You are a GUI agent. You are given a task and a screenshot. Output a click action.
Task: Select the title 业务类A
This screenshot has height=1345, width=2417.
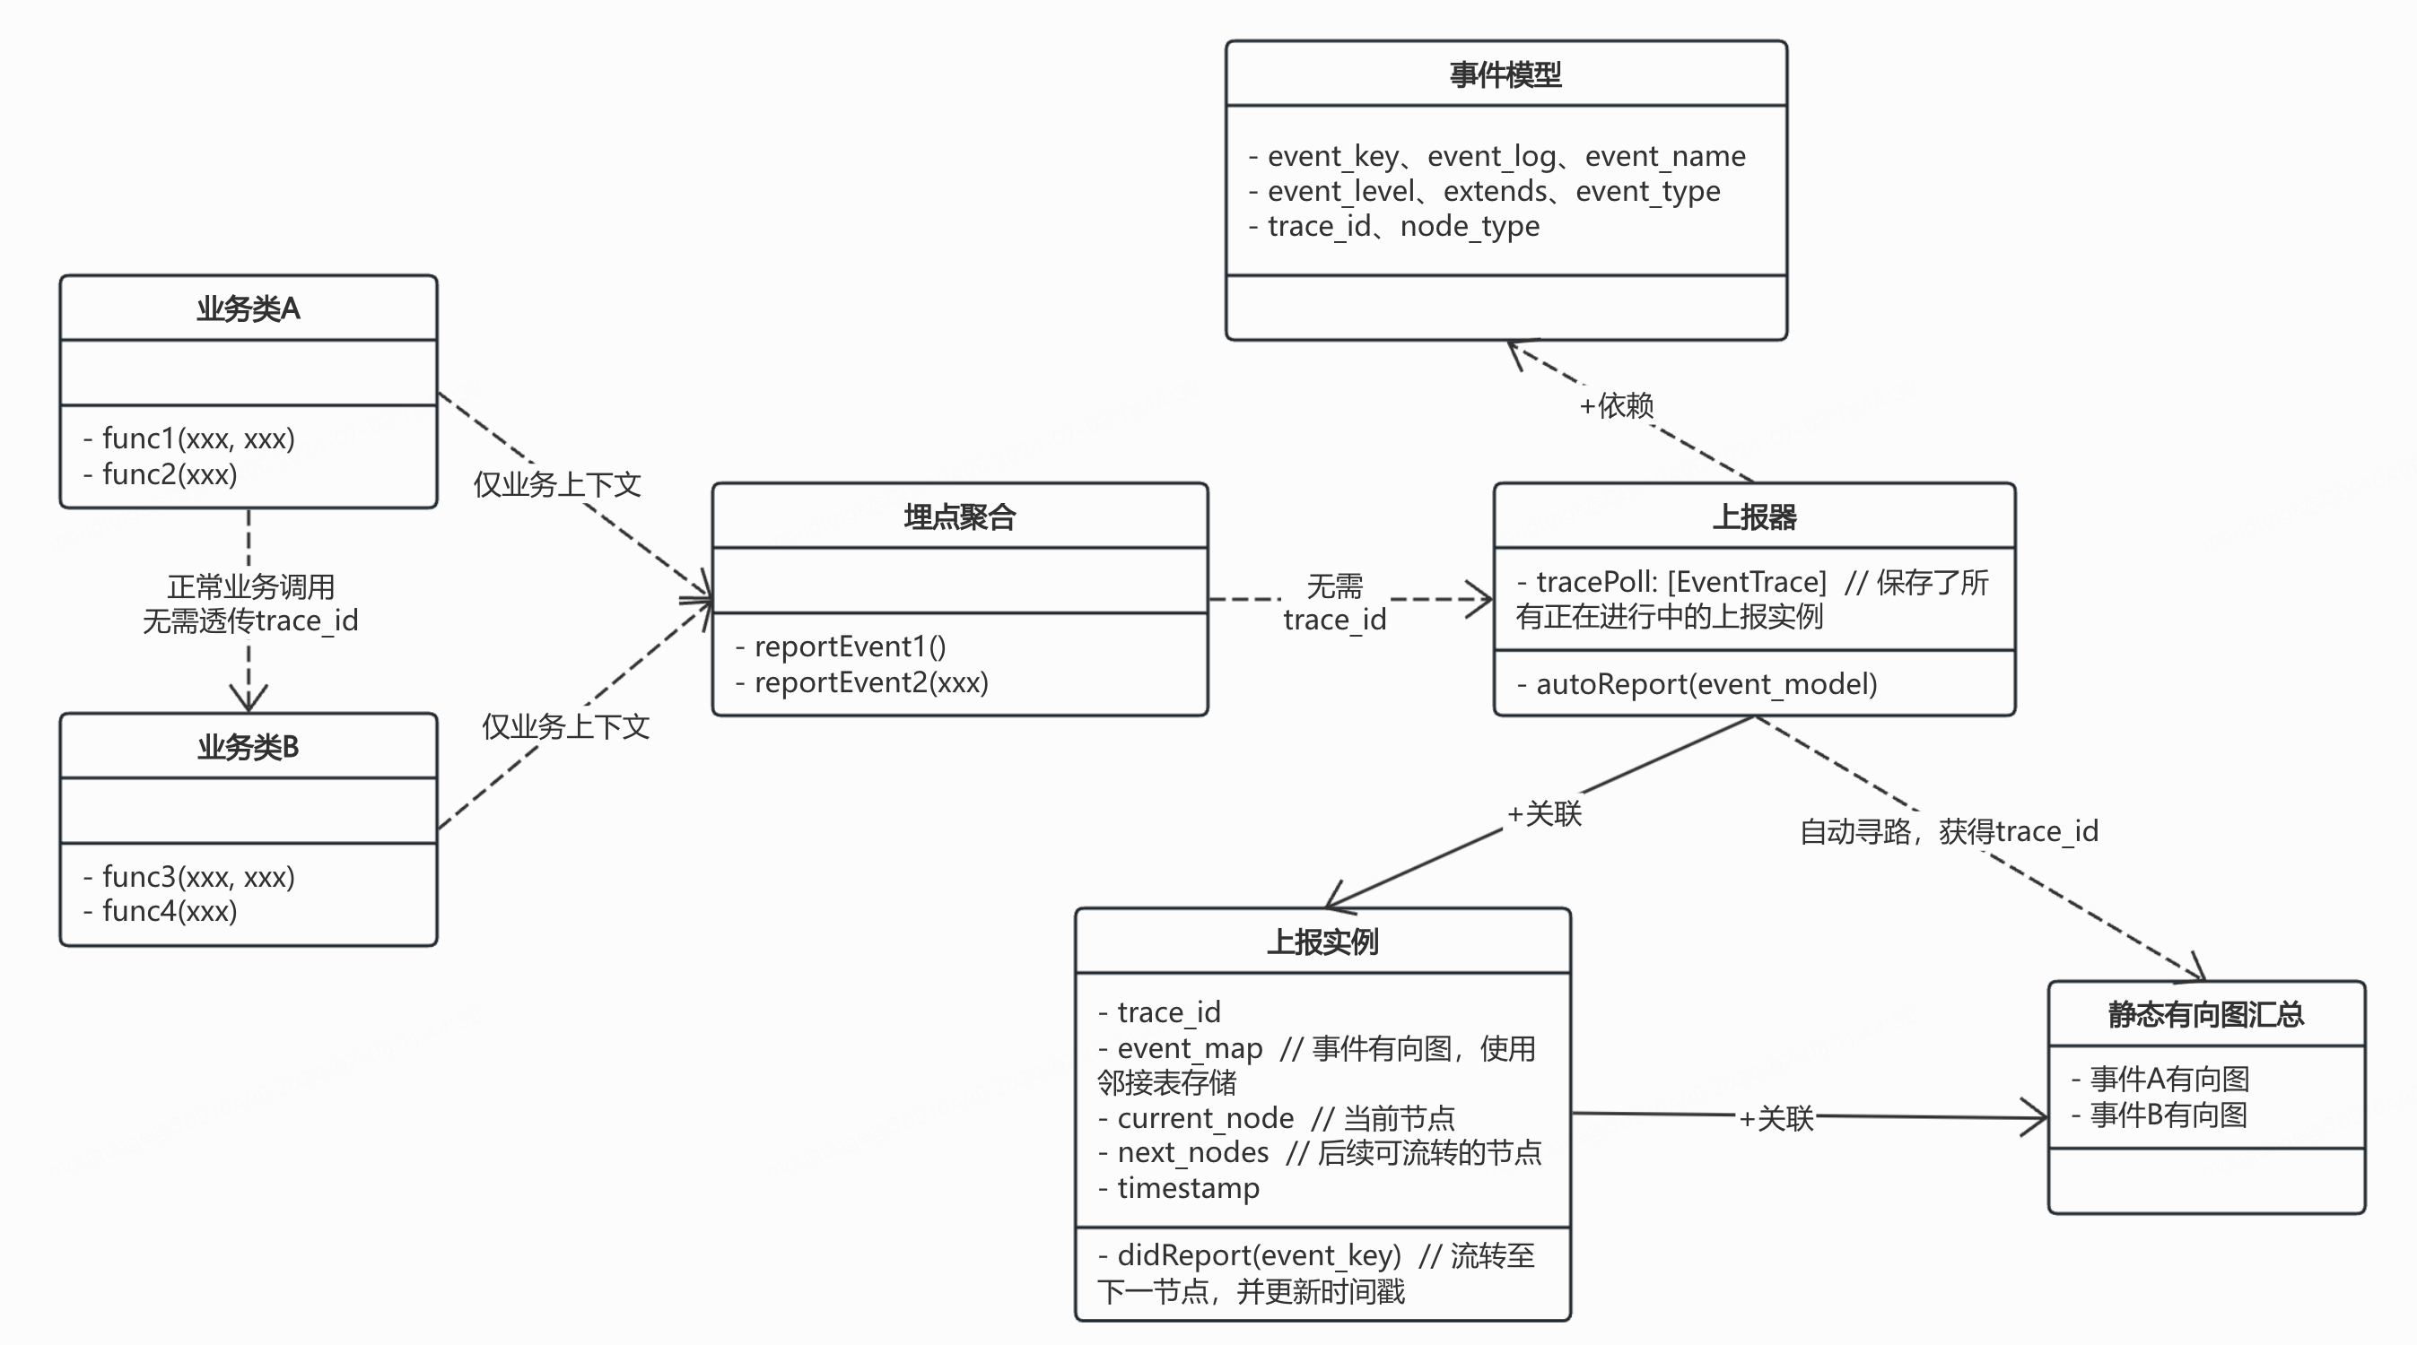tap(248, 308)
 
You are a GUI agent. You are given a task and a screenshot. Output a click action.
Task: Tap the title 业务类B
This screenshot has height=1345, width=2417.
tap(248, 747)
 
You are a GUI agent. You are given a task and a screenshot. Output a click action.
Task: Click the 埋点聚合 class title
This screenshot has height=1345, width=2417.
tap(959, 516)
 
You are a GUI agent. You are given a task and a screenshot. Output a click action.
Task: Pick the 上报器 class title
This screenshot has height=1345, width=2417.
tap(1754, 516)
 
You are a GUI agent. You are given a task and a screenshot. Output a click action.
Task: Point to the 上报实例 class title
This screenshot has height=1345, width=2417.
tap(1322, 941)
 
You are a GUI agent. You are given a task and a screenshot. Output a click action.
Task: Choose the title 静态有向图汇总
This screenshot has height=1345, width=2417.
tap(2205, 1014)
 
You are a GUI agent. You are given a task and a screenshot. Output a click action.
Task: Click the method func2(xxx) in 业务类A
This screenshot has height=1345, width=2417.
tap(169, 474)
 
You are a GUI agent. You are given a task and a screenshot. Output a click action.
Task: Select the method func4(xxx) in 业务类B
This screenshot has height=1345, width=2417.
tap(169, 911)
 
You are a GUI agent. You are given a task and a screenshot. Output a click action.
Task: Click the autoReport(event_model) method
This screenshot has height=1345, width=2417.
tap(1706, 684)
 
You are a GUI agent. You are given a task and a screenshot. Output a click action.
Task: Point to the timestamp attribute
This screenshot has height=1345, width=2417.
tap(1188, 1188)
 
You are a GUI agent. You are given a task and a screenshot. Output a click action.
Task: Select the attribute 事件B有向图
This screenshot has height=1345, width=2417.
tap(2168, 1115)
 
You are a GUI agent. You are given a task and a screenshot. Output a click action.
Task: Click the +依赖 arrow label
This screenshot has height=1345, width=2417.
tap(1616, 406)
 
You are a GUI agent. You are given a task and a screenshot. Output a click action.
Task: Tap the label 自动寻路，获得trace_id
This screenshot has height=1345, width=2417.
tap(1948, 831)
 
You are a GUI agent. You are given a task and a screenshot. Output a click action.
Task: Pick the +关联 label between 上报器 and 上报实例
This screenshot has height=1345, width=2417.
tap(1543, 813)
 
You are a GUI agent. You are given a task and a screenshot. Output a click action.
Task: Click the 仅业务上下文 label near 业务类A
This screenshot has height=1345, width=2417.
tap(556, 485)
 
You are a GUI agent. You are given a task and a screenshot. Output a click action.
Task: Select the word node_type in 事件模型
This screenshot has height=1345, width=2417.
tap(1470, 226)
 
